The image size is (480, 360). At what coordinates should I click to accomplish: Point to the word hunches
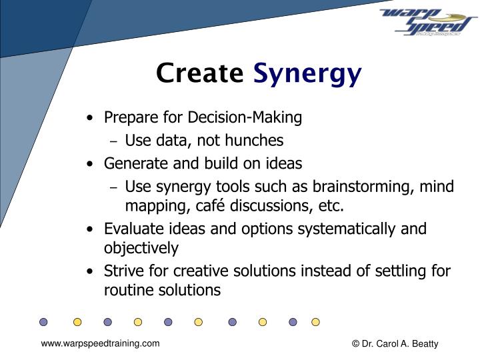click(257, 141)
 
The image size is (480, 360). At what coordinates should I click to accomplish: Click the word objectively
click(141, 249)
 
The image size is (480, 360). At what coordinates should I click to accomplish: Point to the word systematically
click(344, 229)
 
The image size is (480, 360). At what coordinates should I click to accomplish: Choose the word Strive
click(122, 271)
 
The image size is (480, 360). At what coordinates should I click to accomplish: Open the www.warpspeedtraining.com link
click(100, 343)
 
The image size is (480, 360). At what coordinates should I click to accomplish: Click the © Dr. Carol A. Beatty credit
click(395, 344)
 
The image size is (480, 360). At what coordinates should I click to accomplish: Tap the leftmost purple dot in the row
click(43, 322)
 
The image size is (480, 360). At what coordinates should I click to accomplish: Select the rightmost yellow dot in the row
click(315, 322)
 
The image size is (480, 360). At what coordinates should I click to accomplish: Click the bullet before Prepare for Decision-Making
click(90, 119)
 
